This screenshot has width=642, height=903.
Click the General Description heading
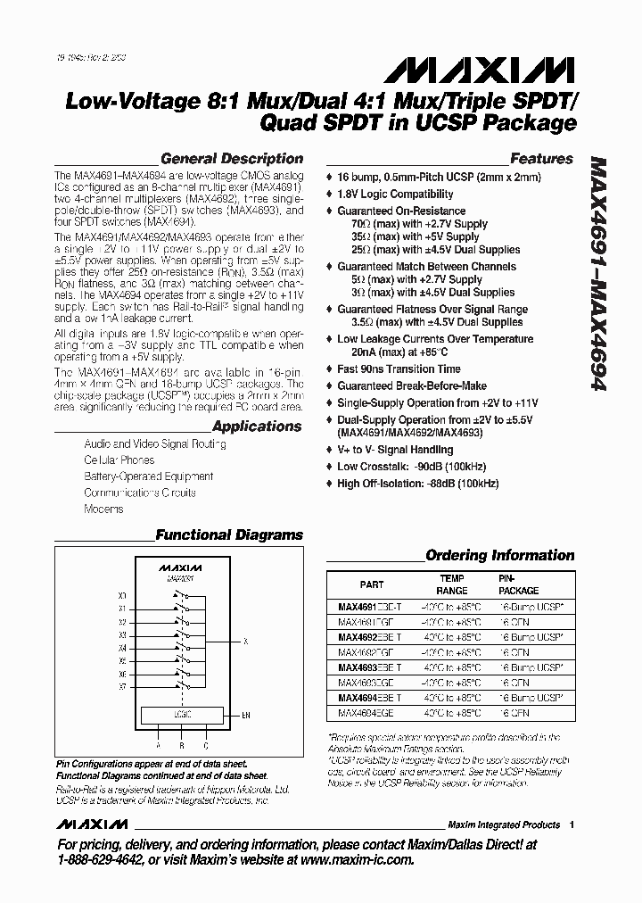[231, 159]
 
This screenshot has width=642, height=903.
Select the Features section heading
[540, 159]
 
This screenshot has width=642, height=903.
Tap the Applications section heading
[257, 427]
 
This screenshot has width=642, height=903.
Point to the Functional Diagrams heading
[229, 535]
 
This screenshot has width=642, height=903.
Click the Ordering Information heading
[499, 555]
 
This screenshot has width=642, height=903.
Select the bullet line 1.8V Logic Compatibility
[395, 194]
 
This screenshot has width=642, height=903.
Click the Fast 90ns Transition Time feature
[399, 369]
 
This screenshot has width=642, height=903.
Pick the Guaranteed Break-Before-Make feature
[412, 386]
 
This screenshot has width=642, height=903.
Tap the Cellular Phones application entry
[119, 460]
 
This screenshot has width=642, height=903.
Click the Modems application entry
[103, 509]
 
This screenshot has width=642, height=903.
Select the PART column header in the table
[372, 585]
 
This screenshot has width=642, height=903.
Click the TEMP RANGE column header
[451, 584]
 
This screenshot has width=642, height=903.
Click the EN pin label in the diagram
[246, 716]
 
